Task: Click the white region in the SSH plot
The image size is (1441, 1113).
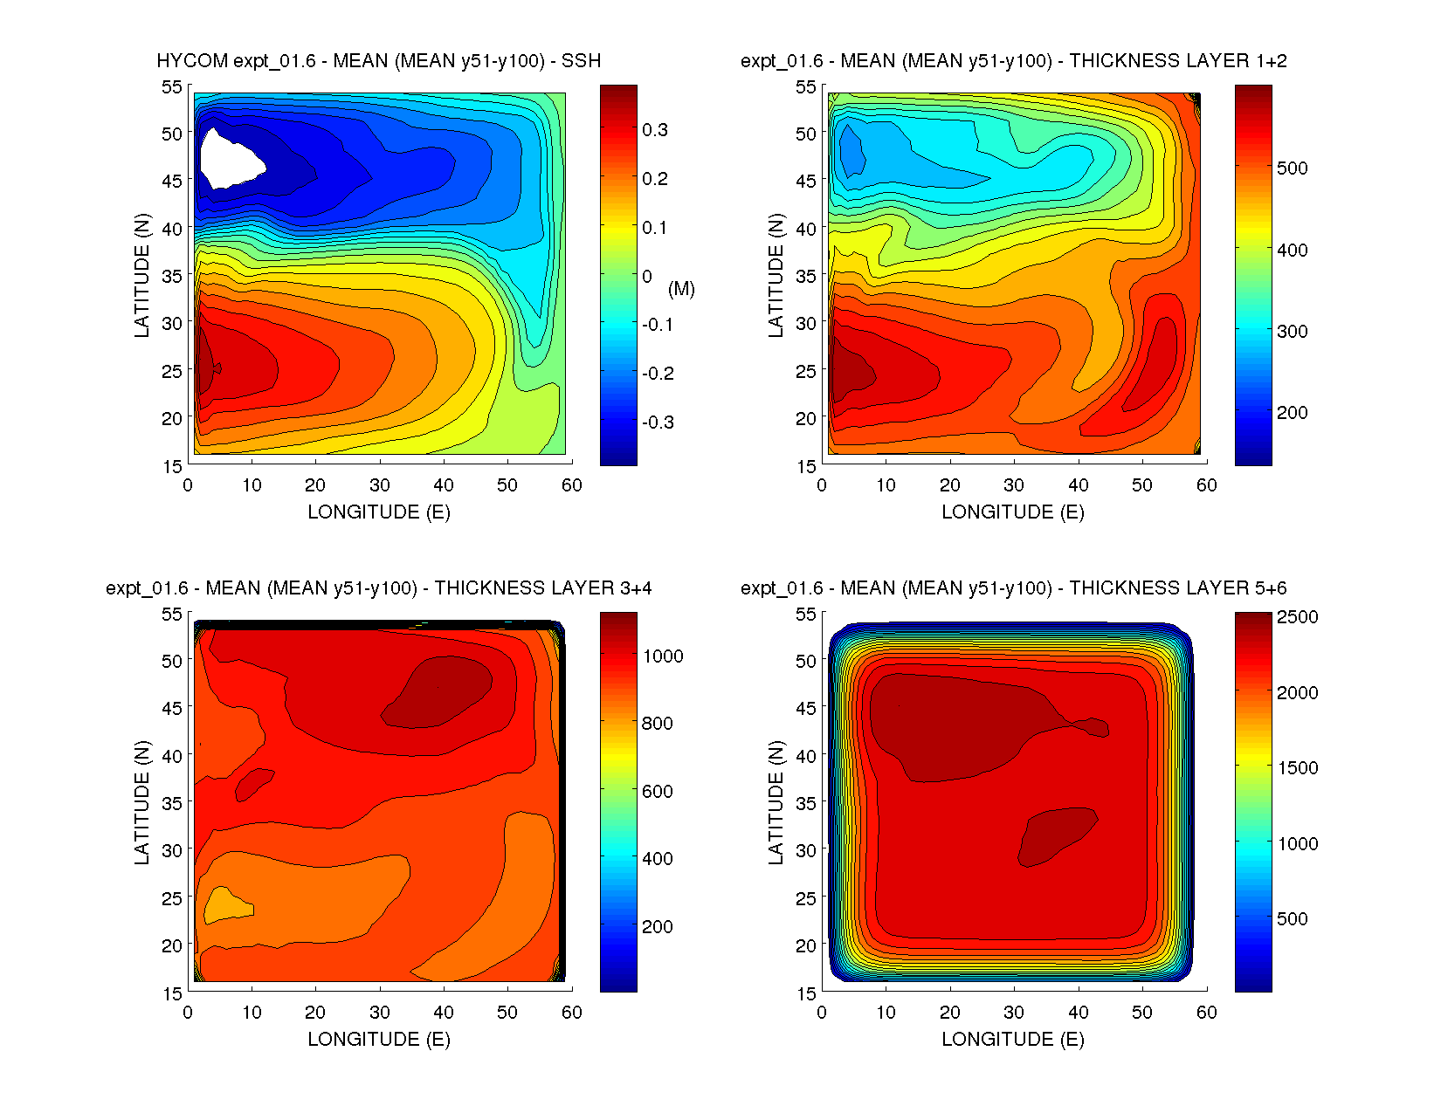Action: click(x=229, y=159)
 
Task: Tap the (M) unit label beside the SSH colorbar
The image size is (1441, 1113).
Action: click(x=681, y=289)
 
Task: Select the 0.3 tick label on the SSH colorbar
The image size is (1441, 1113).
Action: click(x=655, y=130)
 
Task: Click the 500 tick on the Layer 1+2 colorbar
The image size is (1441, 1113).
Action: click(x=1292, y=168)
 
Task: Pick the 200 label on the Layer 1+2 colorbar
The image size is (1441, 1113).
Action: click(x=1292, y=413)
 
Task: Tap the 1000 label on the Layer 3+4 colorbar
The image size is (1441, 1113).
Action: click(x=663, y=656)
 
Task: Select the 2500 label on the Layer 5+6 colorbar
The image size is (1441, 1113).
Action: click(x=1297, y=617)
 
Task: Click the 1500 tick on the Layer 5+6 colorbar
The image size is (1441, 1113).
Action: click(x=1297, y=768)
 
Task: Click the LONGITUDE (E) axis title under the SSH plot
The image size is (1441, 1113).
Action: click(x=379, y=512)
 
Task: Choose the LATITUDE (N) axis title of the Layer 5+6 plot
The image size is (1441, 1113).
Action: click(x=776, y=803)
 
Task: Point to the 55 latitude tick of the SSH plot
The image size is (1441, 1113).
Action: click(x=171, y=86)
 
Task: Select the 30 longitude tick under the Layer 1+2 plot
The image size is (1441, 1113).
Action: click(x=1014, y=485)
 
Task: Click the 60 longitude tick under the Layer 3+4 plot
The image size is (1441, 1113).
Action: click(x=572, y=1013)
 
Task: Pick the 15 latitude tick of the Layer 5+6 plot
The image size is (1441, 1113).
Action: click(x=805, y=993)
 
